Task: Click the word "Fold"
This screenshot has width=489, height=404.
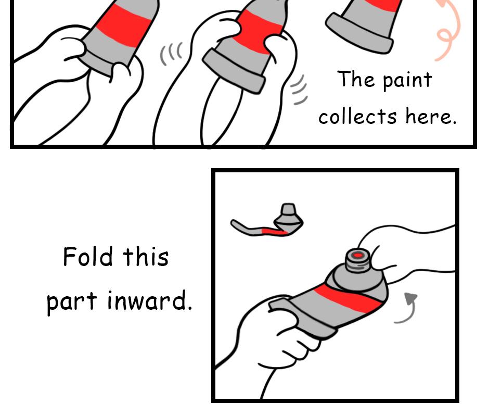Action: click(x=87, y=257)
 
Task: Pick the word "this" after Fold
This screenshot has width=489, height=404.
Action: click(x=146, y=257)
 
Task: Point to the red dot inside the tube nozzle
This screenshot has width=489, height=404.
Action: click(x=357, y=256)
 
